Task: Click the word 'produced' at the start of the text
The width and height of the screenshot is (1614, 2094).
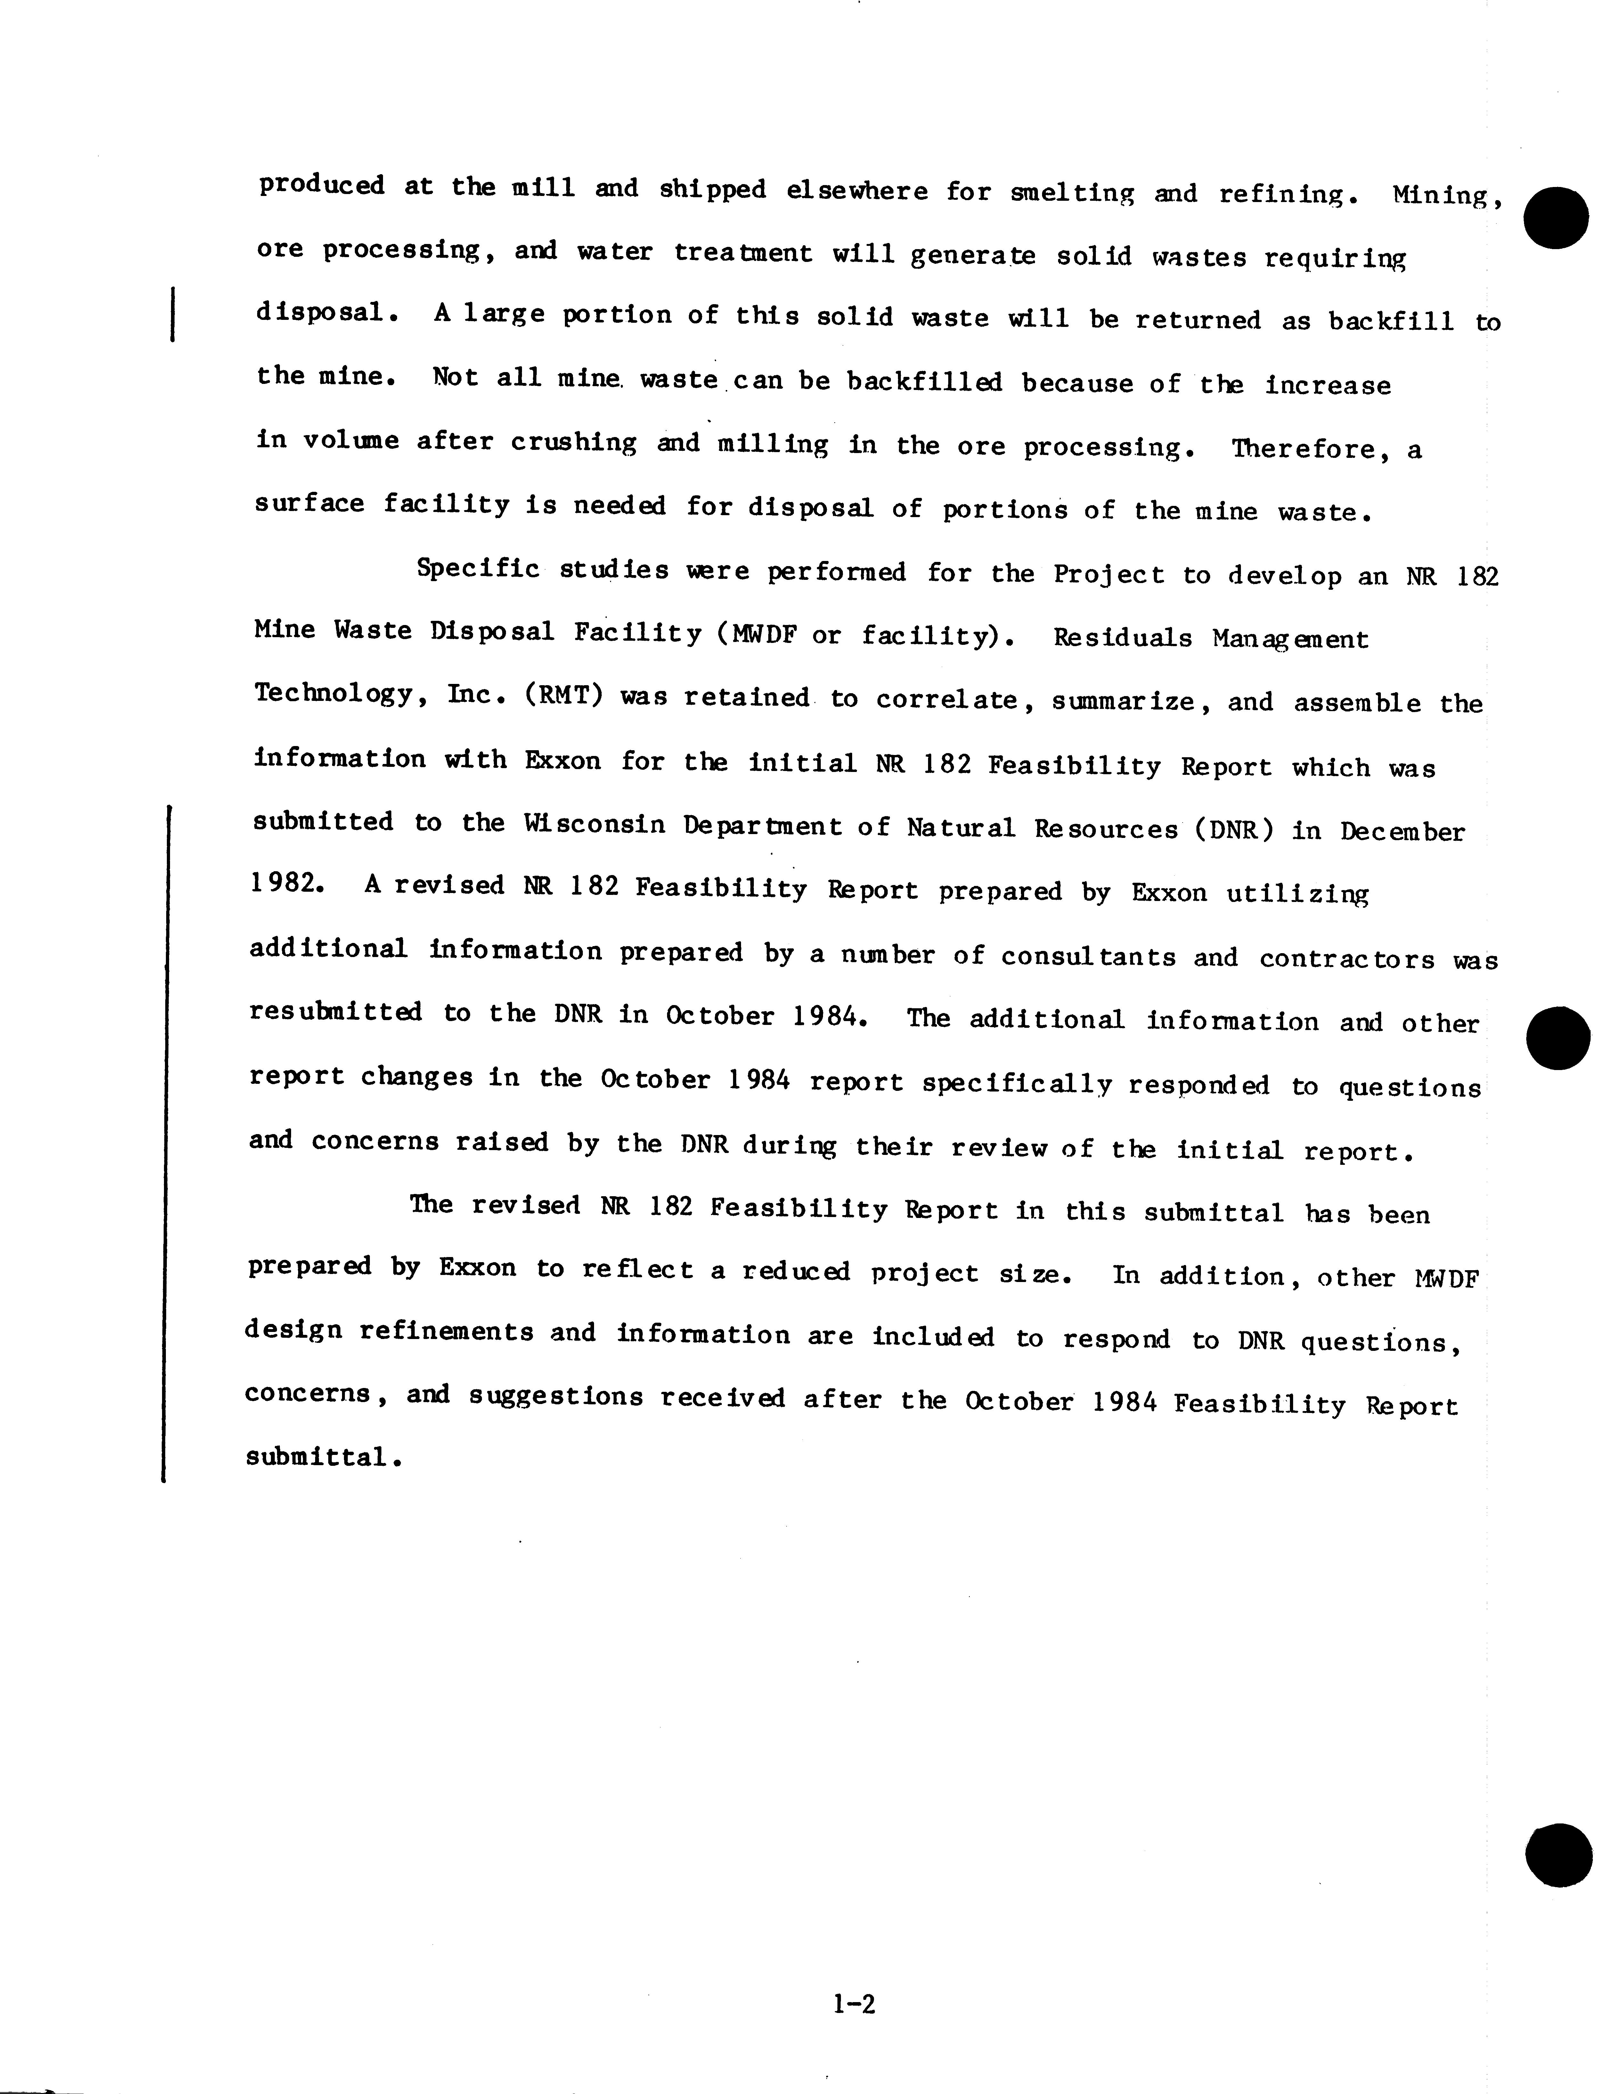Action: point(321,185)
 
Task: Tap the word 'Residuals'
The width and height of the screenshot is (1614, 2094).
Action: point(1122,638)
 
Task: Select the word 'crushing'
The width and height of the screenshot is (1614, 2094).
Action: point(574,443)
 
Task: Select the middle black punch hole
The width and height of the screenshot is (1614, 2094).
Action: point(1556,1038)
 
